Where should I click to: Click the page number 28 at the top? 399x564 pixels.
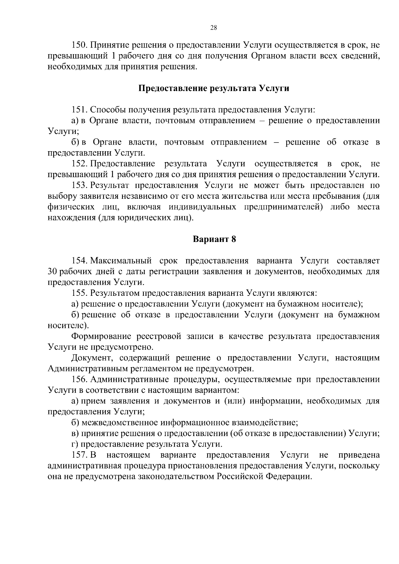click(214, 28)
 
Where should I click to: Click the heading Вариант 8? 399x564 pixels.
click(214, 239)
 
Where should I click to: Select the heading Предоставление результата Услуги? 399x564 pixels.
click(213, 88)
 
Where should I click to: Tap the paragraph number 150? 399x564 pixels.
click(79, 45)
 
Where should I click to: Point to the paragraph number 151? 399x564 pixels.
click(79, 110)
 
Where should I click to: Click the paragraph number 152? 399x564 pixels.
click(79, 164)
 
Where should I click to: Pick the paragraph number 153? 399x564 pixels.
click(79, 185)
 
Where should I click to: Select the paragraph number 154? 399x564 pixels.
click(79, 261)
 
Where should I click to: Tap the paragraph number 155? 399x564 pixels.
click(79, 293)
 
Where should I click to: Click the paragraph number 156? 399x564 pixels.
click(79, 380)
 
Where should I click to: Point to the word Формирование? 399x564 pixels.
click(101, 336)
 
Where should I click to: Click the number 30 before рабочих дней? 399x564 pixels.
click(52, 272)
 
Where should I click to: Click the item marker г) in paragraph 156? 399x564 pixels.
click(75, 444)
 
